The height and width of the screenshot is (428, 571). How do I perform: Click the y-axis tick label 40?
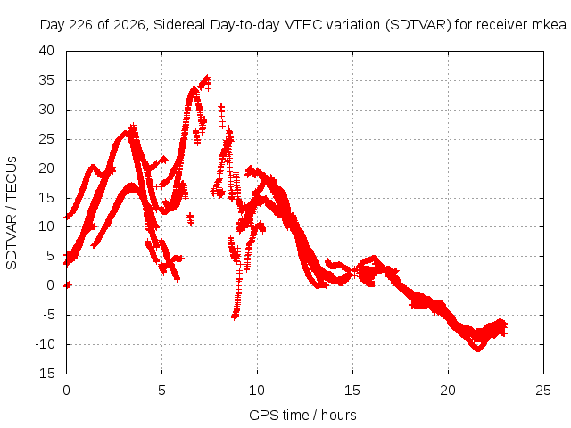[x=46, y=51]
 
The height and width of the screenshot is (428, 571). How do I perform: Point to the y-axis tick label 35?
[x=46, y=80]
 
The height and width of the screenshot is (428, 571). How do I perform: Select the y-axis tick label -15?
[x=45, y=374]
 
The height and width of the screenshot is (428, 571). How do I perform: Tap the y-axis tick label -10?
[x=45, y=344]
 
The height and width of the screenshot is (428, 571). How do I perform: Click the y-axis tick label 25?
[x=46, y=139]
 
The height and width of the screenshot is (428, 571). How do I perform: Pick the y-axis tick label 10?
[x=46, y=226]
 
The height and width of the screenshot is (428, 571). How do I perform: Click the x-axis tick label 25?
[x=543, y=391]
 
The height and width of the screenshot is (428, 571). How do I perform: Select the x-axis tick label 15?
[x=352, y=391]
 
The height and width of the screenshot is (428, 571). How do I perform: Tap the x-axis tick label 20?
[x=448, y=391]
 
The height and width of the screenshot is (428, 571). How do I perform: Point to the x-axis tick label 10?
[x=257, y=391]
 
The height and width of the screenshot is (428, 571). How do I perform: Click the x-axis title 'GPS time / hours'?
[x=302, y=416]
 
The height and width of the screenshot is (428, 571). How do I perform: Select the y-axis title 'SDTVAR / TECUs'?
[x=12, y=213]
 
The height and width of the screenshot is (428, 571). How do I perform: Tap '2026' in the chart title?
[x=128, y=25]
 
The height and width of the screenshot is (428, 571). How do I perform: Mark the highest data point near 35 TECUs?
[x=207, y=78]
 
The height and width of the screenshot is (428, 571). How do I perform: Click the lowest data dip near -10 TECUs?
[x=478, y=349]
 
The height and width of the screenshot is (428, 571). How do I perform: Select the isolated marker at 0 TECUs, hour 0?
[x=68, y=284]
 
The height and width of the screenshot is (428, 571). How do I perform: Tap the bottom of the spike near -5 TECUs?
[x=235, y=317]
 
